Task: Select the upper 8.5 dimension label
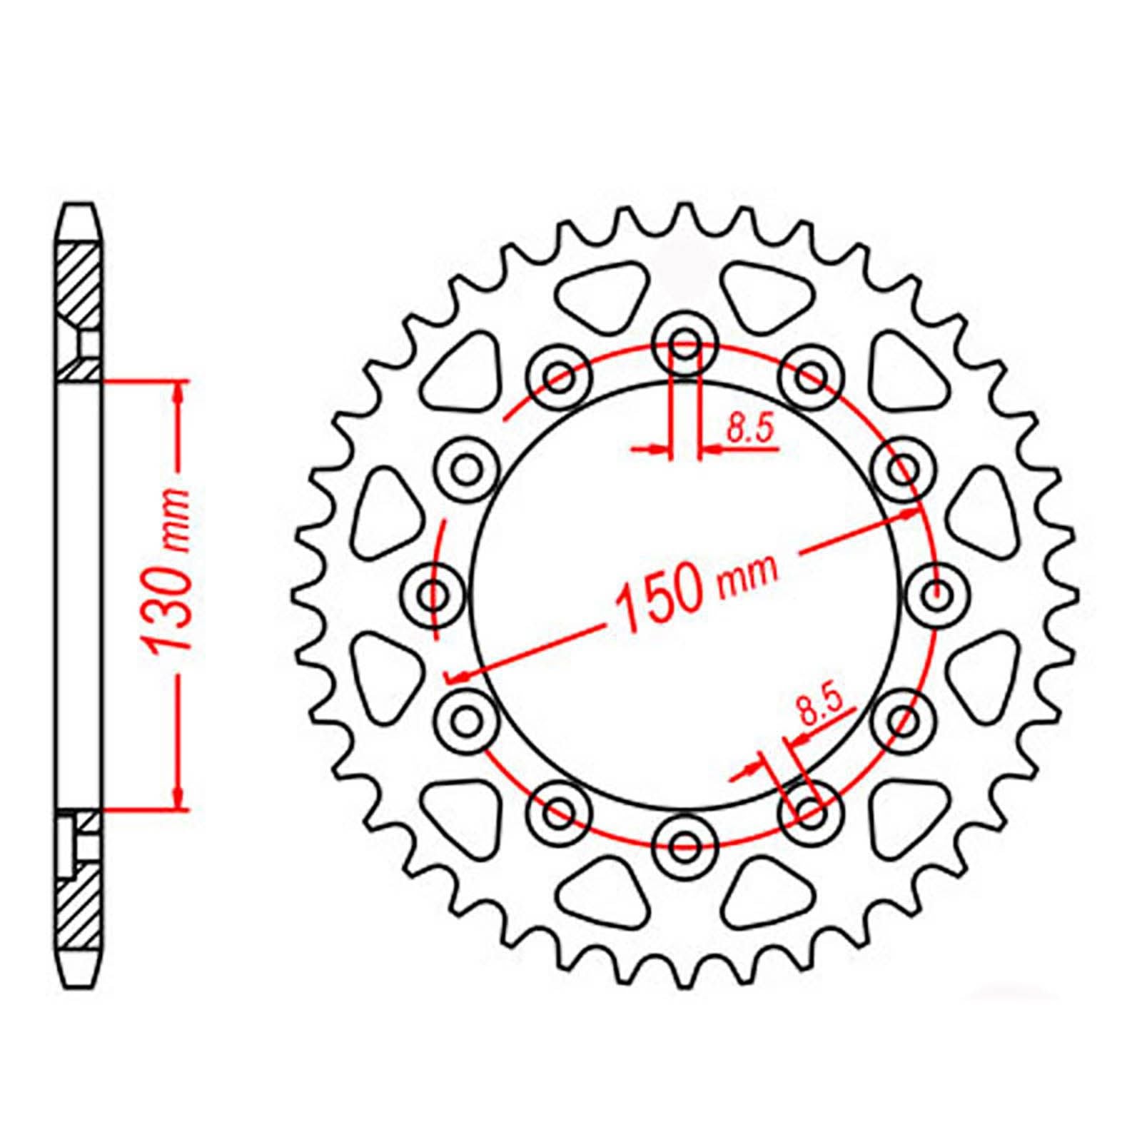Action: tap(749, 430)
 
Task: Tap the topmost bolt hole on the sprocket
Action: tap(685, 341)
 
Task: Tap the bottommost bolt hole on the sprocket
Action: tap(685, 846)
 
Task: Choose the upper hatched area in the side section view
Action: tap(79, 285)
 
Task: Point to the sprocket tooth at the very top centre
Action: tap(685, 214)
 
